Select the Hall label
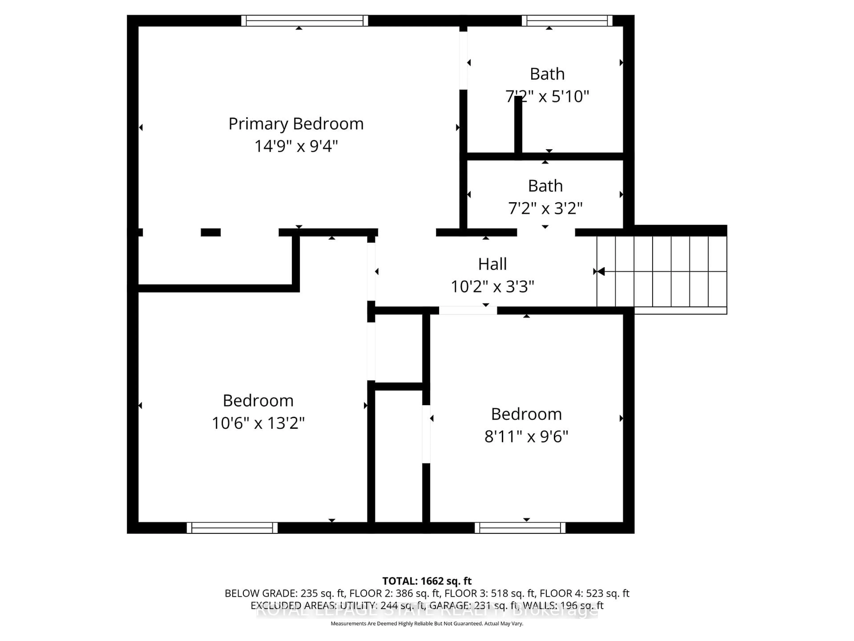click(492, 264)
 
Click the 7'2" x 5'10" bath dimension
click(547, 96)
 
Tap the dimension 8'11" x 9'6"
click(526, 437)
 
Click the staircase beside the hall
click(662, 272)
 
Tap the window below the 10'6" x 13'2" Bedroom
click(232, 528)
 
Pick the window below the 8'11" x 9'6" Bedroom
click(520, 528)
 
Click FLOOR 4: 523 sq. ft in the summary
click(584, 593)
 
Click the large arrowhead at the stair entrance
click(600, 272)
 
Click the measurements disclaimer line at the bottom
click(427, 624)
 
